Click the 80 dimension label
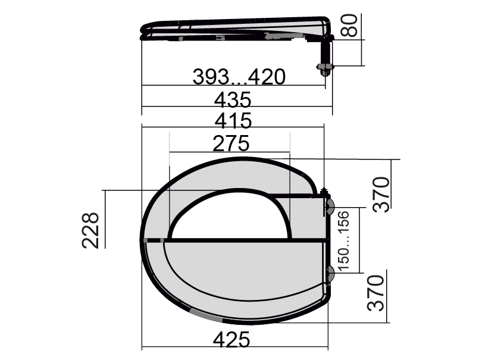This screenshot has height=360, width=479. [349, 26]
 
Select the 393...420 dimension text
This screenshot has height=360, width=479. [239, 77]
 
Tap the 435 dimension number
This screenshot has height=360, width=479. [233, 100]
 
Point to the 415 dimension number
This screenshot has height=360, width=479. [233, 120]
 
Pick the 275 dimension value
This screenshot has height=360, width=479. [231, 143]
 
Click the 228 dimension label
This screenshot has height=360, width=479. [90, 230]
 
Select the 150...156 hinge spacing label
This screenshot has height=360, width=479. [343, 241]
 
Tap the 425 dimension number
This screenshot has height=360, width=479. [231, 339]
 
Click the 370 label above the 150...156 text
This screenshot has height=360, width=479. [381, 195]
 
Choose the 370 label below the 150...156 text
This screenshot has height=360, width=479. [375, 293]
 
